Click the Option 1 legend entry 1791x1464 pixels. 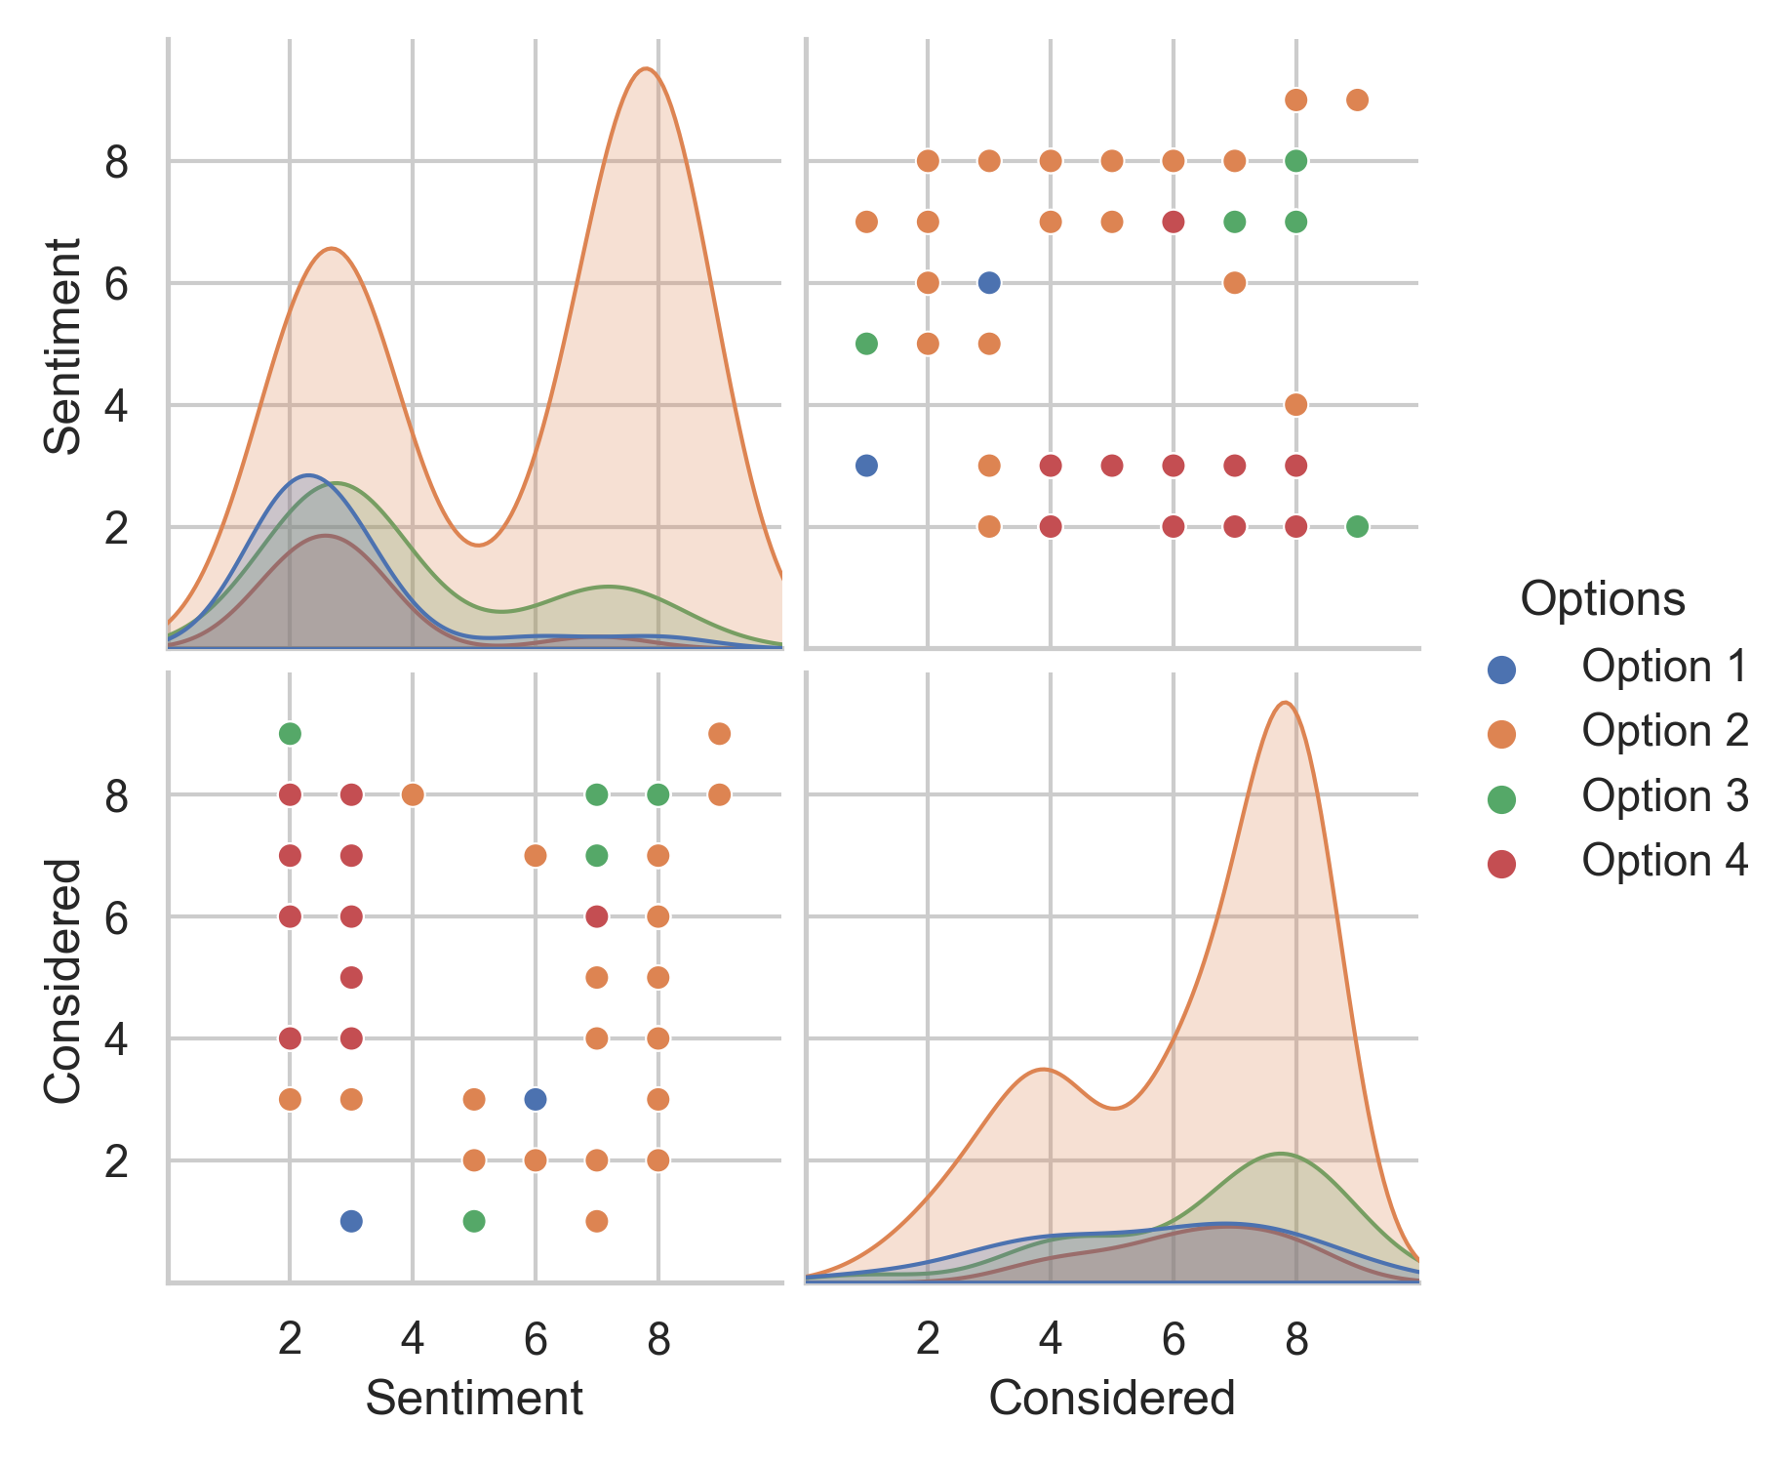click(x=1663, y=668)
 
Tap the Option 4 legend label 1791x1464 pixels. click(x=1664, y=861)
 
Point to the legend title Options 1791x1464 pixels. click(x=1602, y=598)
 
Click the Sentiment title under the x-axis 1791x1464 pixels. click(x=474, y=1398)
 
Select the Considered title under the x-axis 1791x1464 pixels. click(x=1111, y=1398)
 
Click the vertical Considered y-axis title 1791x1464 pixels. click(x=63, y=980)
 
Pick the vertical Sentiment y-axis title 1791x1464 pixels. click(x=63, y=346)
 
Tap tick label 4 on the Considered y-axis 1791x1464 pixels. click(x=117, y=1038)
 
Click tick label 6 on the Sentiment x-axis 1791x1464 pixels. click(x=535, y=1340)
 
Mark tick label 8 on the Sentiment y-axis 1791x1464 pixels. click(x=117, y=161)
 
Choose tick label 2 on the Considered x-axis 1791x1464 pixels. click(x=927, y=1340)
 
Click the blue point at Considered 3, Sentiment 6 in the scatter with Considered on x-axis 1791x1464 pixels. click(x=988, y=283)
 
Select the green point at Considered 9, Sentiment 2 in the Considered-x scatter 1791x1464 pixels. click(x=1357, y=527)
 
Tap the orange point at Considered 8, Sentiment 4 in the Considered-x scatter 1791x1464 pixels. click(x=1295, y=405)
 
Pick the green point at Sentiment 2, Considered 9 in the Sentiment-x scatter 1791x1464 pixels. click(x=290, y=733)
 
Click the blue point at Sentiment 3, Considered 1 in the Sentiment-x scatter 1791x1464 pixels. click(x=351, y=1221)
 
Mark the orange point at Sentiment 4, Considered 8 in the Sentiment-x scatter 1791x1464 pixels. click(x=413, y=794)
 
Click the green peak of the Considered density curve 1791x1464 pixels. click(x=1280, y=1154)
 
